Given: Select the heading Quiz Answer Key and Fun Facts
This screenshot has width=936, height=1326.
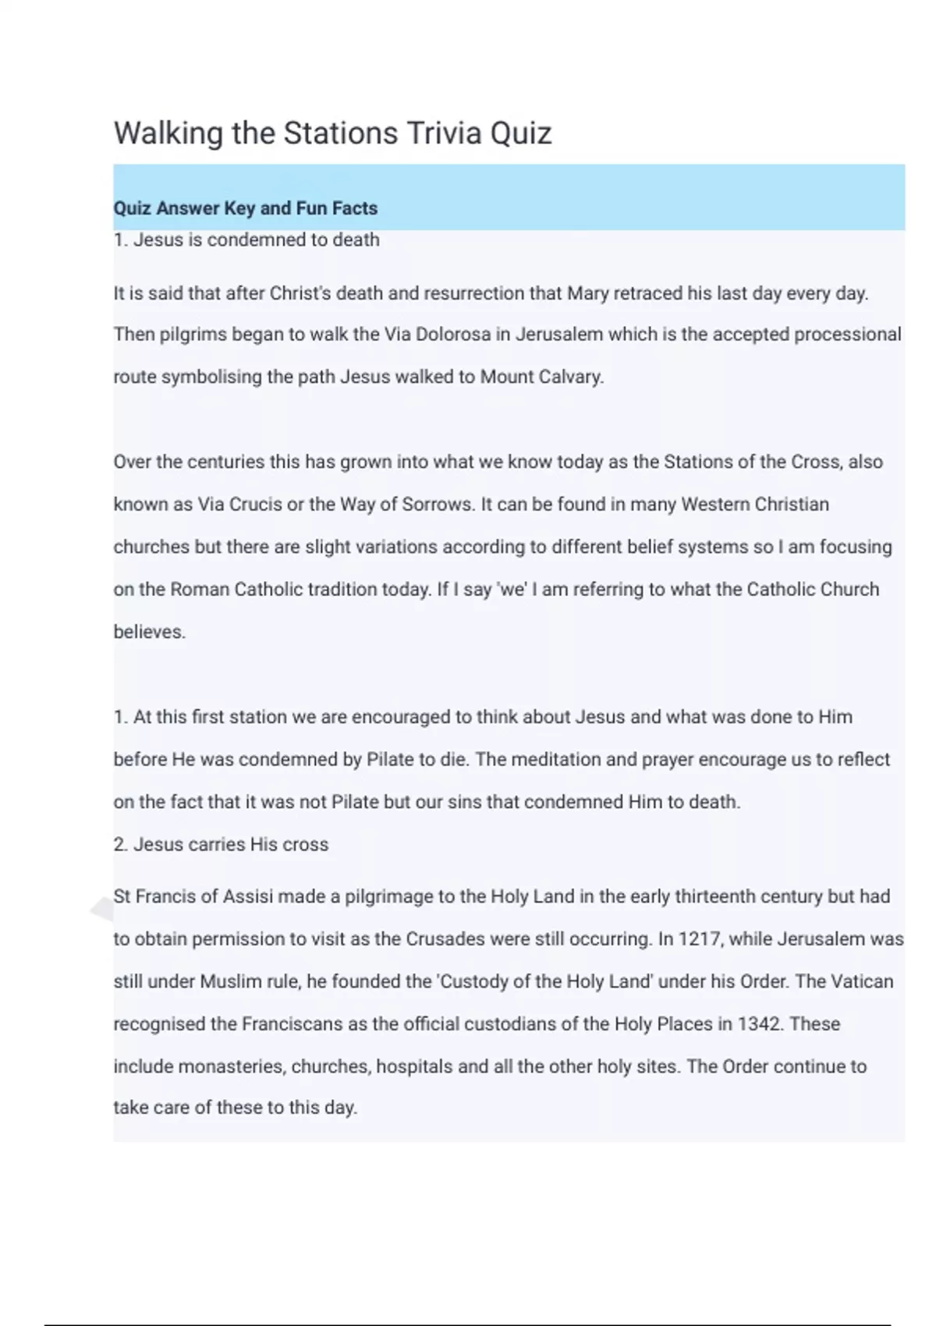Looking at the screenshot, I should [x=245, y=208].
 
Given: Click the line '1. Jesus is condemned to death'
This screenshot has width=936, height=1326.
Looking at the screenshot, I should [x=246, y=239].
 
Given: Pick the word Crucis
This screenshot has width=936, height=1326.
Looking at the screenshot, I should [x=256, y=505].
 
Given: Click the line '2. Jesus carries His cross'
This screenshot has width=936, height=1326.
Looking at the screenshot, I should [x=221, y=845].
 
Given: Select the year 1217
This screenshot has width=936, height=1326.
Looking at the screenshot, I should [x=699, y=939].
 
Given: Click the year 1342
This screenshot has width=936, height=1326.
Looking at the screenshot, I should [x=759, y=1024].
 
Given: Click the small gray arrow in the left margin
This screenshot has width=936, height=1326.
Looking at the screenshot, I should [x=102, y=909].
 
